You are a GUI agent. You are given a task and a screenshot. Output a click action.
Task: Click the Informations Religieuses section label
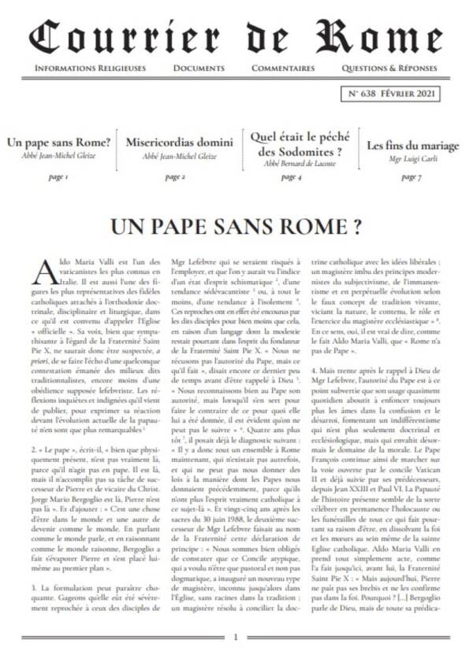pyautogui.click(x=90, y=68)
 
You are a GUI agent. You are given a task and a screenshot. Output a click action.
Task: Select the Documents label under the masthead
pyautogui.click(x=198, y=68)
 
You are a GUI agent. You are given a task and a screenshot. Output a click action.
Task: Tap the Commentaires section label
pyautogui.click(x=283, y=68)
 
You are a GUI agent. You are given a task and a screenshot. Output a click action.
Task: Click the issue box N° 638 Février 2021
pyautogui.click(x=391, y=94)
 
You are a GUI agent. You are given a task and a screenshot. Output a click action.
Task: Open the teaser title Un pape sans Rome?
pyautogui.click(x=58, y=143)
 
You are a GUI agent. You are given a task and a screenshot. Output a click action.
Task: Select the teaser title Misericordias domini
pyautogui.click(x=179, y=143)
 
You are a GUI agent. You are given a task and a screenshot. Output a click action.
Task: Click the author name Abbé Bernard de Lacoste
pyautogui.click(x=300, y=164)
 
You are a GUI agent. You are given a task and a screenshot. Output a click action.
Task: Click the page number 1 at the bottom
pyautogui.click(x=236, y=638)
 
